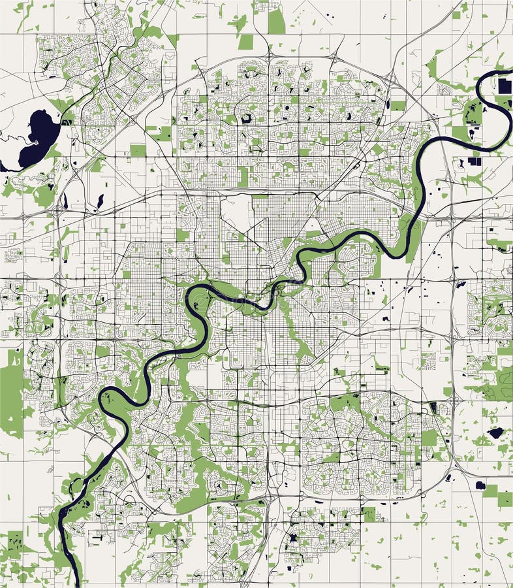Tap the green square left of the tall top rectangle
(245, 42)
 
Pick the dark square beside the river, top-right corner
(505, 86)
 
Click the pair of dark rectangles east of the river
(474, 161)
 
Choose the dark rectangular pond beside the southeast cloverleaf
(433, 409)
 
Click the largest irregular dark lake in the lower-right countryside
(495, 433)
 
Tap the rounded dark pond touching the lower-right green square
(480, 485)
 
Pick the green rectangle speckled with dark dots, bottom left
(14, 542)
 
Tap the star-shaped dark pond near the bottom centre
(292, 537)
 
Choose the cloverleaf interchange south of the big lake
(57, 211)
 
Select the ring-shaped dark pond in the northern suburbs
(246, 118)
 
